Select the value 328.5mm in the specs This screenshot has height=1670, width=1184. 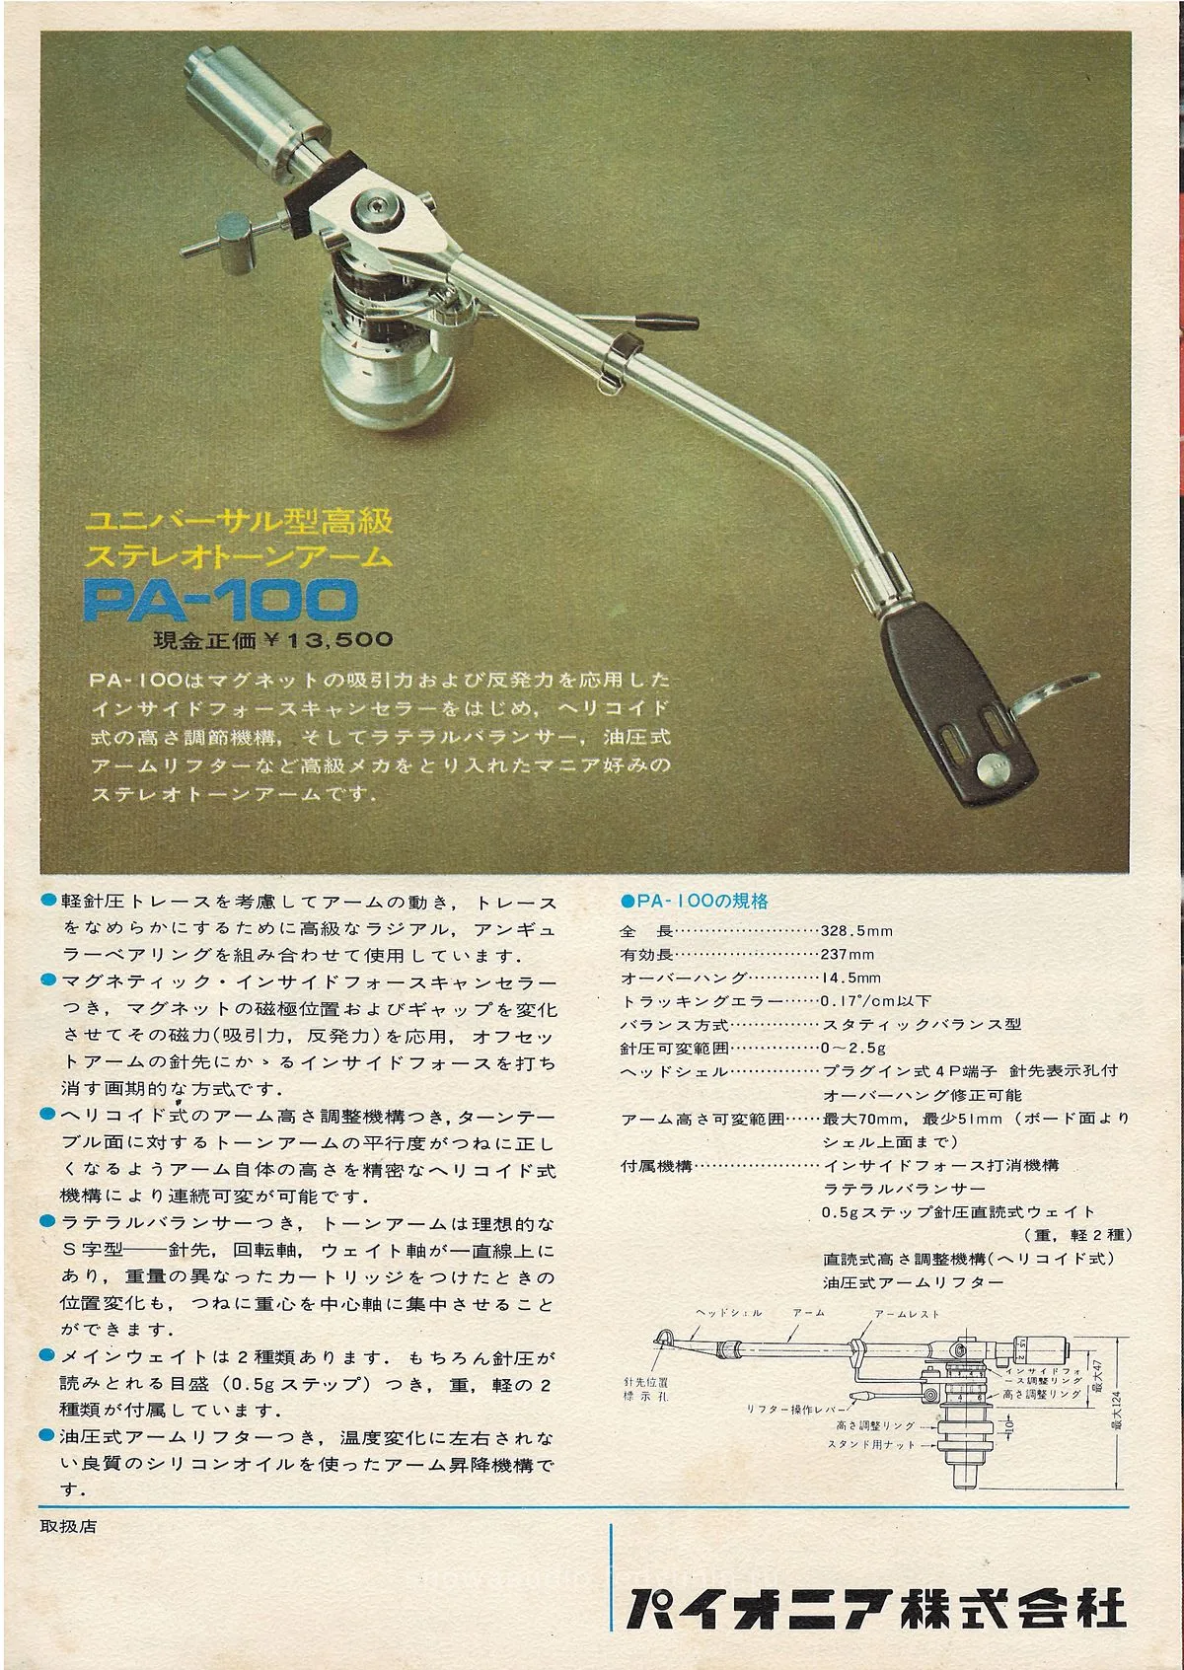point(856,930)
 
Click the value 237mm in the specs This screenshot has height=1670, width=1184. point(848,954)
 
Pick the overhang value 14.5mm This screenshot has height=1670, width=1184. point(851,978)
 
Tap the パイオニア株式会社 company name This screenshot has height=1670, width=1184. point(876,1608)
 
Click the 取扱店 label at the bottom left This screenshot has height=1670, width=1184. point(69,1526)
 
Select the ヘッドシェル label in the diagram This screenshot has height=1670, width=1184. point(728,1313)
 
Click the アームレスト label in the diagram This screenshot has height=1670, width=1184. point(907,1313)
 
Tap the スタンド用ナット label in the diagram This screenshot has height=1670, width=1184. point(871,1444)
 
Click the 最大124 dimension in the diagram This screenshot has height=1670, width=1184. point(1117,1411)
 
